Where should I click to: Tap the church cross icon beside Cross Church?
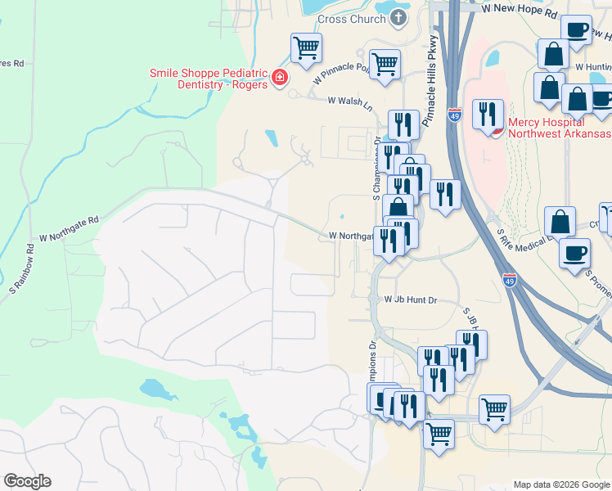click(x=398, y=17)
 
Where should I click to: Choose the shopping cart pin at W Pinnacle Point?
click(x=385, y=63)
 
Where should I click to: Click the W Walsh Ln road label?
click(x=349, y=101)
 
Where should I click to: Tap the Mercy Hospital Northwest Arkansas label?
click(x=560, y=128)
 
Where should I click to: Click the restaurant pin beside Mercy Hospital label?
click(x=489, y=114)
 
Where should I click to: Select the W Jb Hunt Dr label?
click(x=411, y=300)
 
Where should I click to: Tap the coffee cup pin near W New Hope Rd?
click(x=577, y=30)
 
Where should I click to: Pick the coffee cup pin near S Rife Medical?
click(x=575, y=251)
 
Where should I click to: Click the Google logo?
click(x=27, y=481)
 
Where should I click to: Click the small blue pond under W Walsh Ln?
click(x=271, y=136)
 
